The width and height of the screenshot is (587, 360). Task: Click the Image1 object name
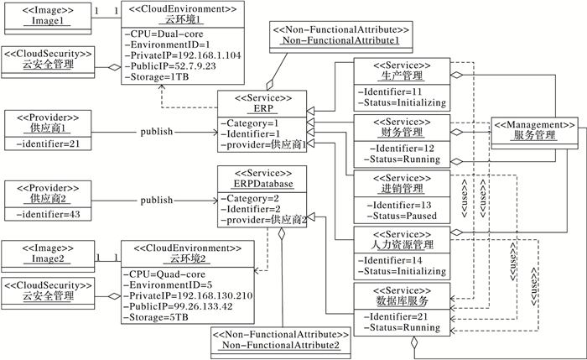coord(47,21)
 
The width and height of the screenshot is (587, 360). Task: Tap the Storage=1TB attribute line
coord(157,77)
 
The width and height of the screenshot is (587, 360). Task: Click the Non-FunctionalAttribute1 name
coord(340,40)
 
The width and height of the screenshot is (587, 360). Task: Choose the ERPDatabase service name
coord(263,184)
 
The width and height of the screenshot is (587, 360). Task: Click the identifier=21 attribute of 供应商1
coord(48,143)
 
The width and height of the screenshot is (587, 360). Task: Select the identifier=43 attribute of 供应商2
coord(48,214)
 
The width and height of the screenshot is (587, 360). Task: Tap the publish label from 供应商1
coord(157,132)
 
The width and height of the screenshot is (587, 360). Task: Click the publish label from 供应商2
coord(157,201)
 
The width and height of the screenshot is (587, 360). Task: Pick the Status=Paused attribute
coord(402,217)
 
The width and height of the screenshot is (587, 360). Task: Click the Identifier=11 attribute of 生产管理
coord(390,91)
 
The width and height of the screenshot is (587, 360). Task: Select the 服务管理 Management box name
coord(534,135)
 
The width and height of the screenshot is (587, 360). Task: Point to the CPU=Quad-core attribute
coord(164,274)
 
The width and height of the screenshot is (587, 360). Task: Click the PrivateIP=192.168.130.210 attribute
coord(188,295)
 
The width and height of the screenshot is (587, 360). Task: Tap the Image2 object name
coord(48,258)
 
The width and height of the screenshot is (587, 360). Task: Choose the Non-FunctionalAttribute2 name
coord(281,345)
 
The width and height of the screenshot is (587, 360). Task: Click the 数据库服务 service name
coord(402,300)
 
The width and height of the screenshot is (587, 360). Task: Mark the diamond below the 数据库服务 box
coord(413,342)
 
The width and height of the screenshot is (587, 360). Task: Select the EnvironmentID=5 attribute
coord(168,285)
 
